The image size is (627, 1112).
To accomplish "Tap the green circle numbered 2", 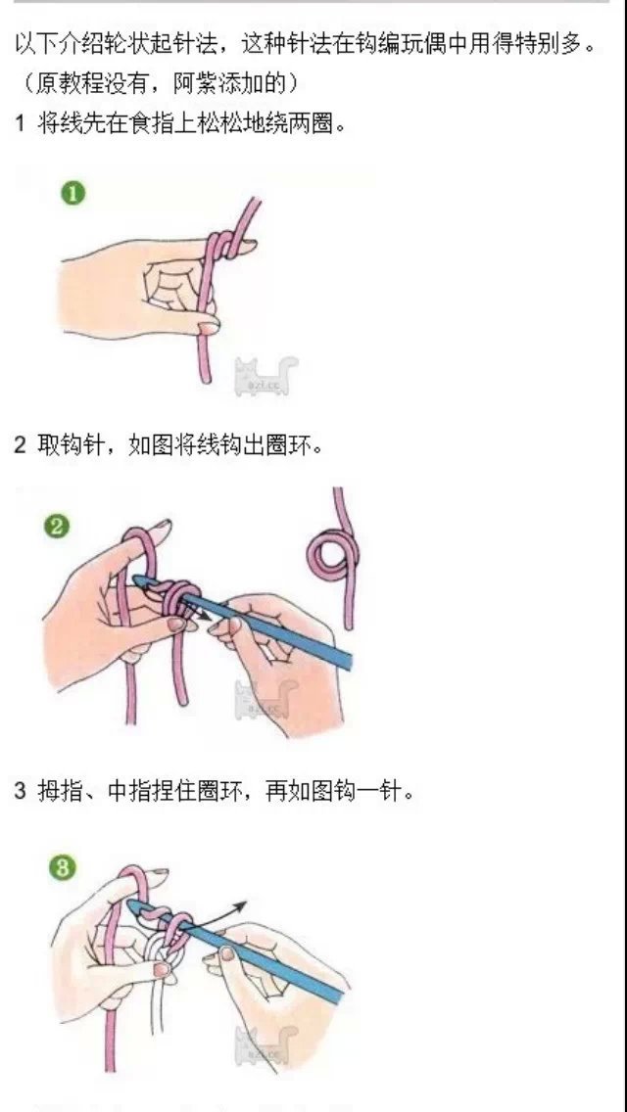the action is pyautogui.click(x=56, y=527).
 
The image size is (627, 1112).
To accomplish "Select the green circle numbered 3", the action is pyautogui.click(x=63, y=868).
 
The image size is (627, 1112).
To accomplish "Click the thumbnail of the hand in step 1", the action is pyautogui.click(x=209, y=327).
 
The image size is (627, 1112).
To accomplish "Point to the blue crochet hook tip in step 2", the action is pyautogui.click(x=139, y=581).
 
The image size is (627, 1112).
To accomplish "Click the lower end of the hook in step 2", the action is pyautogui.click(x=347, y=661).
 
